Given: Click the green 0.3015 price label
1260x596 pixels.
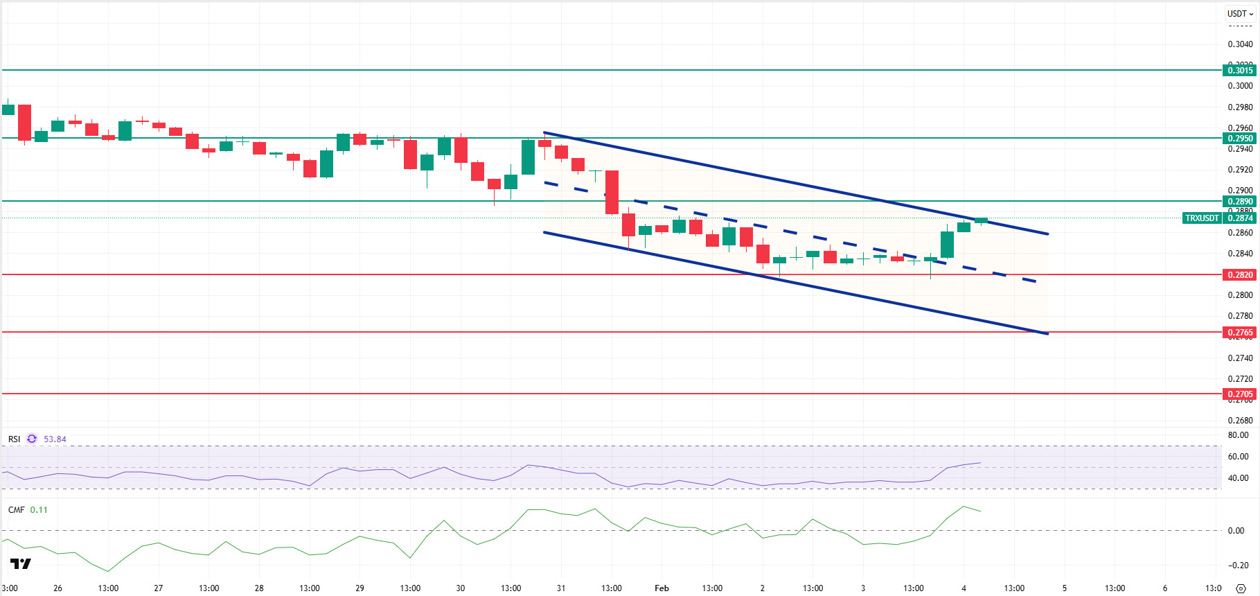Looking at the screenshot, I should click(x=1240, y=70).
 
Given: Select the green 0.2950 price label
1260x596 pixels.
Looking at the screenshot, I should click(x=1240, y=138).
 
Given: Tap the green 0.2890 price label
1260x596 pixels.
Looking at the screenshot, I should click(x=1240, y=201).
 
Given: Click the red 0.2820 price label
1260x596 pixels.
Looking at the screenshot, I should click(x=1240, y=274).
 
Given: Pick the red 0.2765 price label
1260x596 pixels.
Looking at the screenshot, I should click(x=1240, y=332).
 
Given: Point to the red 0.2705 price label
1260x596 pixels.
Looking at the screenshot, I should click(x=1240, y=394).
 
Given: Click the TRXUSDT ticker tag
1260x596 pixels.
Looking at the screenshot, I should click(x=1202, y=218).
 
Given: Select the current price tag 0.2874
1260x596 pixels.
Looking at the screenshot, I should click(x=1240, y=218).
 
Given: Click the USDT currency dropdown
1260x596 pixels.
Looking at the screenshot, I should click(x=1240, y=13).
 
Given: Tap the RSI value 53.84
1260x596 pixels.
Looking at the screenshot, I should click(x=55, y=439).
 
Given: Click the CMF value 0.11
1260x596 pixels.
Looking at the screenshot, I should click(x=39, y=509).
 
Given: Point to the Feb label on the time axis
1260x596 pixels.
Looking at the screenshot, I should click(x=662, y=588).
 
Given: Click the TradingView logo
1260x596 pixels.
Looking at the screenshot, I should click(x=21, y=563).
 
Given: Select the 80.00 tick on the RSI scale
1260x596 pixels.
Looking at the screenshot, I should click(x=1238, y=435).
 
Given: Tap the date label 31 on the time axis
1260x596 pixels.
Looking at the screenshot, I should click(x=561, y=588).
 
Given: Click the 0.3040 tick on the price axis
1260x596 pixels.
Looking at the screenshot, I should click(x=1240, y=44).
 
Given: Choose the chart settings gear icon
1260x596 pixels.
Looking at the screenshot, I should click(x=1241, y=588).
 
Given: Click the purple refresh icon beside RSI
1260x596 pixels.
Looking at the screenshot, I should click(x=32, y=439).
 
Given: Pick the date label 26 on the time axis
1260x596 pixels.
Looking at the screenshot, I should click(x=57, y=588).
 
